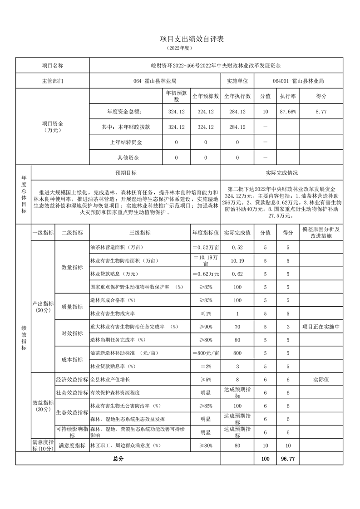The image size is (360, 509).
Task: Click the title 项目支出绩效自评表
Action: point(180,39)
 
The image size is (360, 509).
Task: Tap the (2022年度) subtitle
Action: point(180,48)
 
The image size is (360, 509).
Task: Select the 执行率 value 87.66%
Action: point(288,112)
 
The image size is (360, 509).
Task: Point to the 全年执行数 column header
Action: point(237,96)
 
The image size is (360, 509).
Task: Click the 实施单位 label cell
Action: point(237,81)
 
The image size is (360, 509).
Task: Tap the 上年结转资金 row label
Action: point(126,142)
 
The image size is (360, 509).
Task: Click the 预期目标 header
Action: point(126,173)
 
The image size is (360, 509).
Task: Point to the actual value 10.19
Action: point(237,261)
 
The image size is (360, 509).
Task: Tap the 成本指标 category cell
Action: point(72,359)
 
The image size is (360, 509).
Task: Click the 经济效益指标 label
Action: point(72,379)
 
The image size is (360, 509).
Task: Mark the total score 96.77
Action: point(288,459)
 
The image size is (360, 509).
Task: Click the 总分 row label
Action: point(118,459)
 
